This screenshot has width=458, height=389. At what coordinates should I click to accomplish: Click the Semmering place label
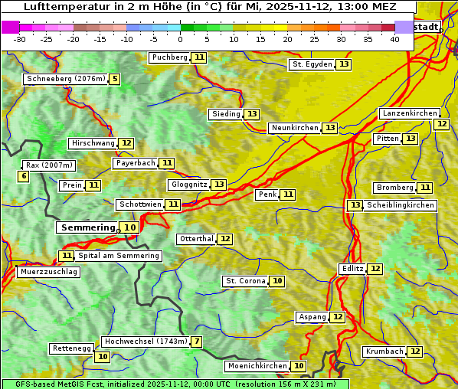coord(87,227)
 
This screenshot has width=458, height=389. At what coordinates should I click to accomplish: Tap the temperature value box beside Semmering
coord(130,227)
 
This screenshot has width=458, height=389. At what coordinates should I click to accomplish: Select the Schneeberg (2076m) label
coord(65,79)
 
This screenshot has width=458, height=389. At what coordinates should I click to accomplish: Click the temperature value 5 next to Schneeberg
coord(115,79)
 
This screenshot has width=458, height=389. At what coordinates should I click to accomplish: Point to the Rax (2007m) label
coord(49,165)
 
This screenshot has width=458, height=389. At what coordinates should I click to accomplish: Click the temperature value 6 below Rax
coord(24,177)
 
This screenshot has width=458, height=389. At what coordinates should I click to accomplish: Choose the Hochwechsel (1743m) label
coord(146,342)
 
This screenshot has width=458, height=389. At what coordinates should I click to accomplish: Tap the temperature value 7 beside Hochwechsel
coord(197,342)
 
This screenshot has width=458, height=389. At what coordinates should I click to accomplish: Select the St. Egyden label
coord(312,64)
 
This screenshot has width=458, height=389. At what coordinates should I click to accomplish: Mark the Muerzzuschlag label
coord(48,272)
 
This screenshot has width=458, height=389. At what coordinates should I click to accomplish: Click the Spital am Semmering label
coord(119,256)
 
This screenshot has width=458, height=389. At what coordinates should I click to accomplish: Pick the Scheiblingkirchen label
coord(400,205)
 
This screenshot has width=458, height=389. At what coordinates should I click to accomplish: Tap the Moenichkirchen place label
coord(258,366)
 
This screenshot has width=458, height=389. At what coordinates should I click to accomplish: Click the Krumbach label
coord(384,351)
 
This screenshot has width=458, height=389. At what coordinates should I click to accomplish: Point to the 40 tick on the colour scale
coord(394,39)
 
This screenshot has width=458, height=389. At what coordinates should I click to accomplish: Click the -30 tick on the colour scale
coord(20,39)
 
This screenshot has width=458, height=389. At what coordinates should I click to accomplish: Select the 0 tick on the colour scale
coord(181,39)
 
